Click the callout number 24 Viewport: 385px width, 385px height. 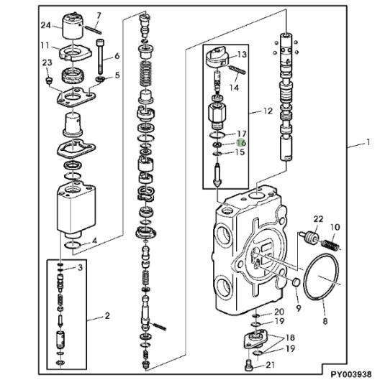pos(45,25)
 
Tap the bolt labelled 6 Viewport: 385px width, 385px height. pos(100,57)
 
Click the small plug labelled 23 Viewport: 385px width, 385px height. pos(49,80)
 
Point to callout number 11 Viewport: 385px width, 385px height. pos(45,46)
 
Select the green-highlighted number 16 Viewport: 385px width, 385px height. pos(241,143)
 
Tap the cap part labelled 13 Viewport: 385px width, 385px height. pos(217,57)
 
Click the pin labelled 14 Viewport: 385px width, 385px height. pos(237,69)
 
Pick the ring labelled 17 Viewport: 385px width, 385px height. pos(217,134)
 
